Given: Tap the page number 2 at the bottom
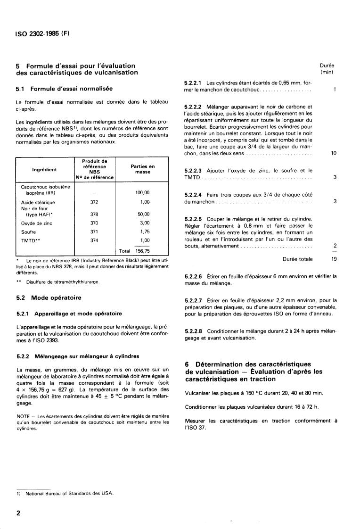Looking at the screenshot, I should (x=19, y=513).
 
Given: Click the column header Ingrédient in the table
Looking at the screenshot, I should (x=44, y=170).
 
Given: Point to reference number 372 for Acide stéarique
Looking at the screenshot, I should (x=95, y=202).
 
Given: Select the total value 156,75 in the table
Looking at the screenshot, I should (x=142, y=251).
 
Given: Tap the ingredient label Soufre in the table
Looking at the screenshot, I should (x=28, y=231).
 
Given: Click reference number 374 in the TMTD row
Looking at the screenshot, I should (x=95, y=240).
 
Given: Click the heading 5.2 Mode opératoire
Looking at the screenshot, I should (x=49, y=298).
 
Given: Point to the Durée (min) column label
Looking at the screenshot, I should (x=327, y=69).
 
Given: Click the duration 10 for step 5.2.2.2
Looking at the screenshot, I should (x=334, y=153).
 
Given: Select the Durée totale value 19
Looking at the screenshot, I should (x=333, y=259).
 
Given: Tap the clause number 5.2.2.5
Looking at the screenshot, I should (x=193, y=219).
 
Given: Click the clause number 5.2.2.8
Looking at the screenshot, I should (x=193, y=331).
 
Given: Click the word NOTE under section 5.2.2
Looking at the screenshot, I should (x=23, y=415).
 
